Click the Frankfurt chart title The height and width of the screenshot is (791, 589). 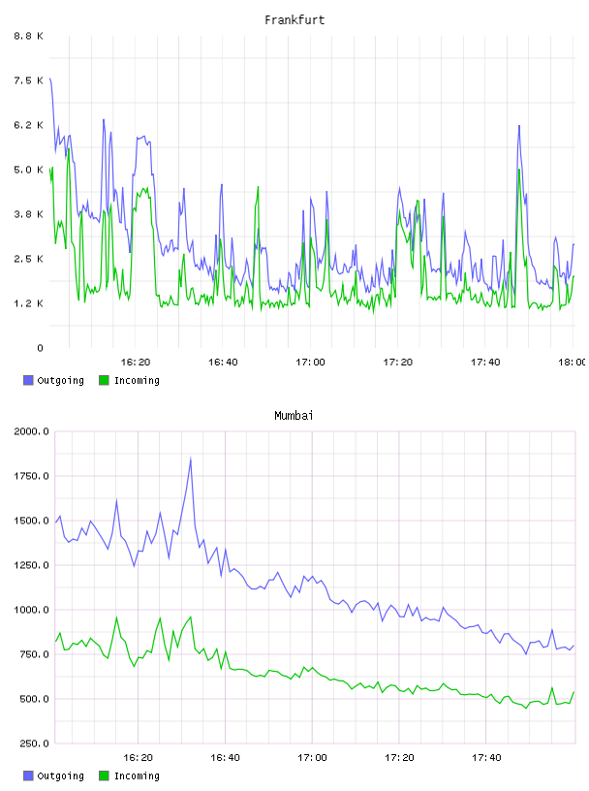(x=294, y=20)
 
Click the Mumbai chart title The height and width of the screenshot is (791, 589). (x=294, y=416)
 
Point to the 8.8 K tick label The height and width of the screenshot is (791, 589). (x=29, y=36)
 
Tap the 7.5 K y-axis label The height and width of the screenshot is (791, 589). (x=29, y=80)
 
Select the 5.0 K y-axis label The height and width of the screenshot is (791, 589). (x=29, y=170)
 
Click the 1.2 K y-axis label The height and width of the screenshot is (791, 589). (x=29, y=303)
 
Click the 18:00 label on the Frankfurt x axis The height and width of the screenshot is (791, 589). (x=573, y=362)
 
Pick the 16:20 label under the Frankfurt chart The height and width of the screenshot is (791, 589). (x=136, y=362)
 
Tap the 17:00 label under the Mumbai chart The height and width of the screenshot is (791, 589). (x=312, y=757)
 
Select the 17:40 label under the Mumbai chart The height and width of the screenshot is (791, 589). (x=486, y=757)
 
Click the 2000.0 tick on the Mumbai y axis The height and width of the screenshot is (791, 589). (x=32, y=431)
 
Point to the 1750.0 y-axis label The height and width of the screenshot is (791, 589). (x=32, y=476)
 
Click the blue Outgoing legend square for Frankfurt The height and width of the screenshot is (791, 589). (x=28, y=380)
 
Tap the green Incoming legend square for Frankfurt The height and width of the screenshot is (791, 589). (x=104, y=380)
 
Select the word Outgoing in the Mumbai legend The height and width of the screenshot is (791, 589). (x=60, y=775)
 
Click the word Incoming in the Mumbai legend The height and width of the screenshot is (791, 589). (x=137, y=775)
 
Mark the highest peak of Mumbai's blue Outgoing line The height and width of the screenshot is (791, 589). (x=191, y=459)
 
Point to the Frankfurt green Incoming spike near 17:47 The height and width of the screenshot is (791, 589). (x=519, y=170)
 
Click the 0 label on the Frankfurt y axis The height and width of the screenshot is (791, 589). (x=41, y=348)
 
